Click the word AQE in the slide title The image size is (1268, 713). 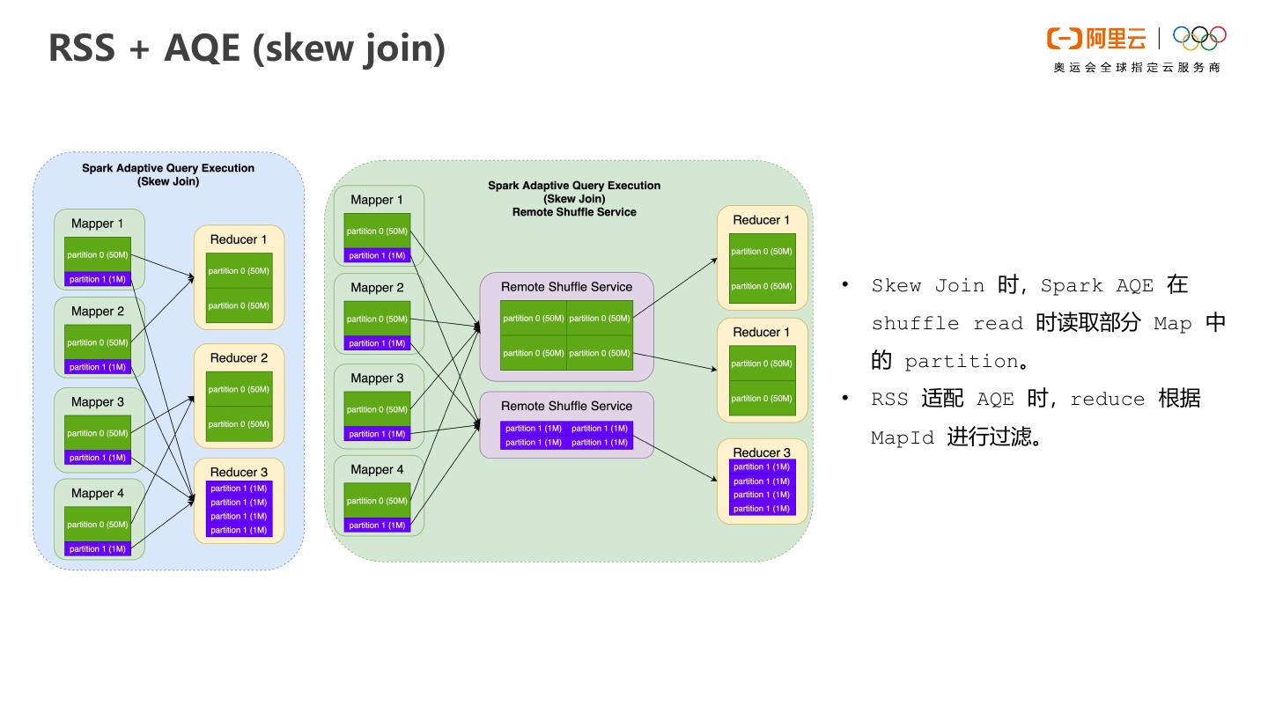tap(202, 48)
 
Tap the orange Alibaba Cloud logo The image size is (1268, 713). tap(1096, 39)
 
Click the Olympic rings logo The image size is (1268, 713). tap(1199, 38)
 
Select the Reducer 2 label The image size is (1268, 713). tap(239, 358)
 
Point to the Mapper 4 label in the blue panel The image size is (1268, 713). tap(98, 494)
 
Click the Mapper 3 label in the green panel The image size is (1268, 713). tap(377, 379)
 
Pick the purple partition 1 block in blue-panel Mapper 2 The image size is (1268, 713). tap(97, 367)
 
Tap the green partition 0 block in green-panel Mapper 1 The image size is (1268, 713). tap(377, 232)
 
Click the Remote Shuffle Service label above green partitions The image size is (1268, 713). tap(566, 287)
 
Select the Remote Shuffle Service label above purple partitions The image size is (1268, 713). tap(566, 407)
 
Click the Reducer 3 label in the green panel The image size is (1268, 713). tap(762, 452)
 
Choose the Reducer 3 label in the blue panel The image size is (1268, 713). tap(239, 473)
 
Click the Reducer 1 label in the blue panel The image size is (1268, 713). tap(239, 239)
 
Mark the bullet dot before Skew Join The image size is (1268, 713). tap(845, 284)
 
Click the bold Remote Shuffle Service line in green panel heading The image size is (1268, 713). tap(574, 212)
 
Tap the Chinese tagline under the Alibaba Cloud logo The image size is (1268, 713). tap(1137, 68)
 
